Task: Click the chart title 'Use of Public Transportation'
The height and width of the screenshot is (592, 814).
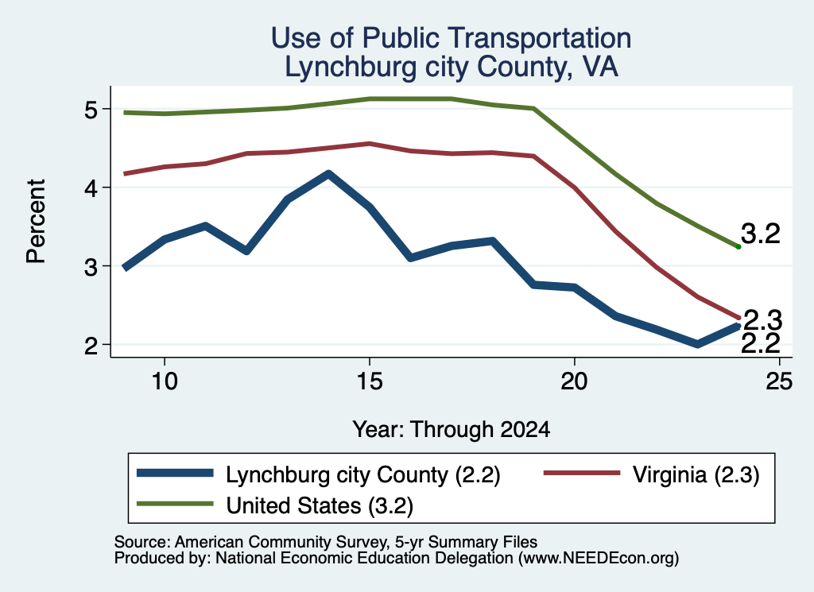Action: (452, 38)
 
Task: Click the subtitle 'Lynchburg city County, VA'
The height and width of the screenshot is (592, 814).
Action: (452, 68)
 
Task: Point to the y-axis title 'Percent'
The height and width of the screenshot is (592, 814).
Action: (36, 221)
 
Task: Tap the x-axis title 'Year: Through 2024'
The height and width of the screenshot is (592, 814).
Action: (452, 430)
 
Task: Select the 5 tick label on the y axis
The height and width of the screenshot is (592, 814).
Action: (91, 110)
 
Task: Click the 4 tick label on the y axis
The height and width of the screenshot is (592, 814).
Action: (91, 188)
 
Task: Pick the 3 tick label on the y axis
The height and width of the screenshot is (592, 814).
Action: (91, 267)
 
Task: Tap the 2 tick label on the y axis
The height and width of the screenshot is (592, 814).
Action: (91, 346)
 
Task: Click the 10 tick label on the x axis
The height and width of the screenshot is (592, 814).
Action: (165, 381)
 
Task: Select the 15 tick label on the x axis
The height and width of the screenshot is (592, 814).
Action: (370, 381)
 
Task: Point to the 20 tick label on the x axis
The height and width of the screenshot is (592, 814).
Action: (574, 381)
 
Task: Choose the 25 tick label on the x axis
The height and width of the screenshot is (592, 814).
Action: (779, 381)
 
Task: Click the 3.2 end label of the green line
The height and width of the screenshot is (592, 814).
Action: (761, 234)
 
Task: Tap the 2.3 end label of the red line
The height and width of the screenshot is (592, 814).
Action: (762, 320)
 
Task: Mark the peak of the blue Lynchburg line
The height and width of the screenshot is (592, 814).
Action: (328, 174)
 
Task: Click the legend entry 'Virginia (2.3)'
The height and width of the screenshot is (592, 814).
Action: (696, 474)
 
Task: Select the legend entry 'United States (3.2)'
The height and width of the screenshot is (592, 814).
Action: (320, 505)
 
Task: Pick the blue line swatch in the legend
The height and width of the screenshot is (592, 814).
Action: (175, 473)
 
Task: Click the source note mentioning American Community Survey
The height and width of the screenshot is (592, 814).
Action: (325, 542)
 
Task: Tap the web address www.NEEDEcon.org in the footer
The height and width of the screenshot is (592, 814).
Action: (599, 558)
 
